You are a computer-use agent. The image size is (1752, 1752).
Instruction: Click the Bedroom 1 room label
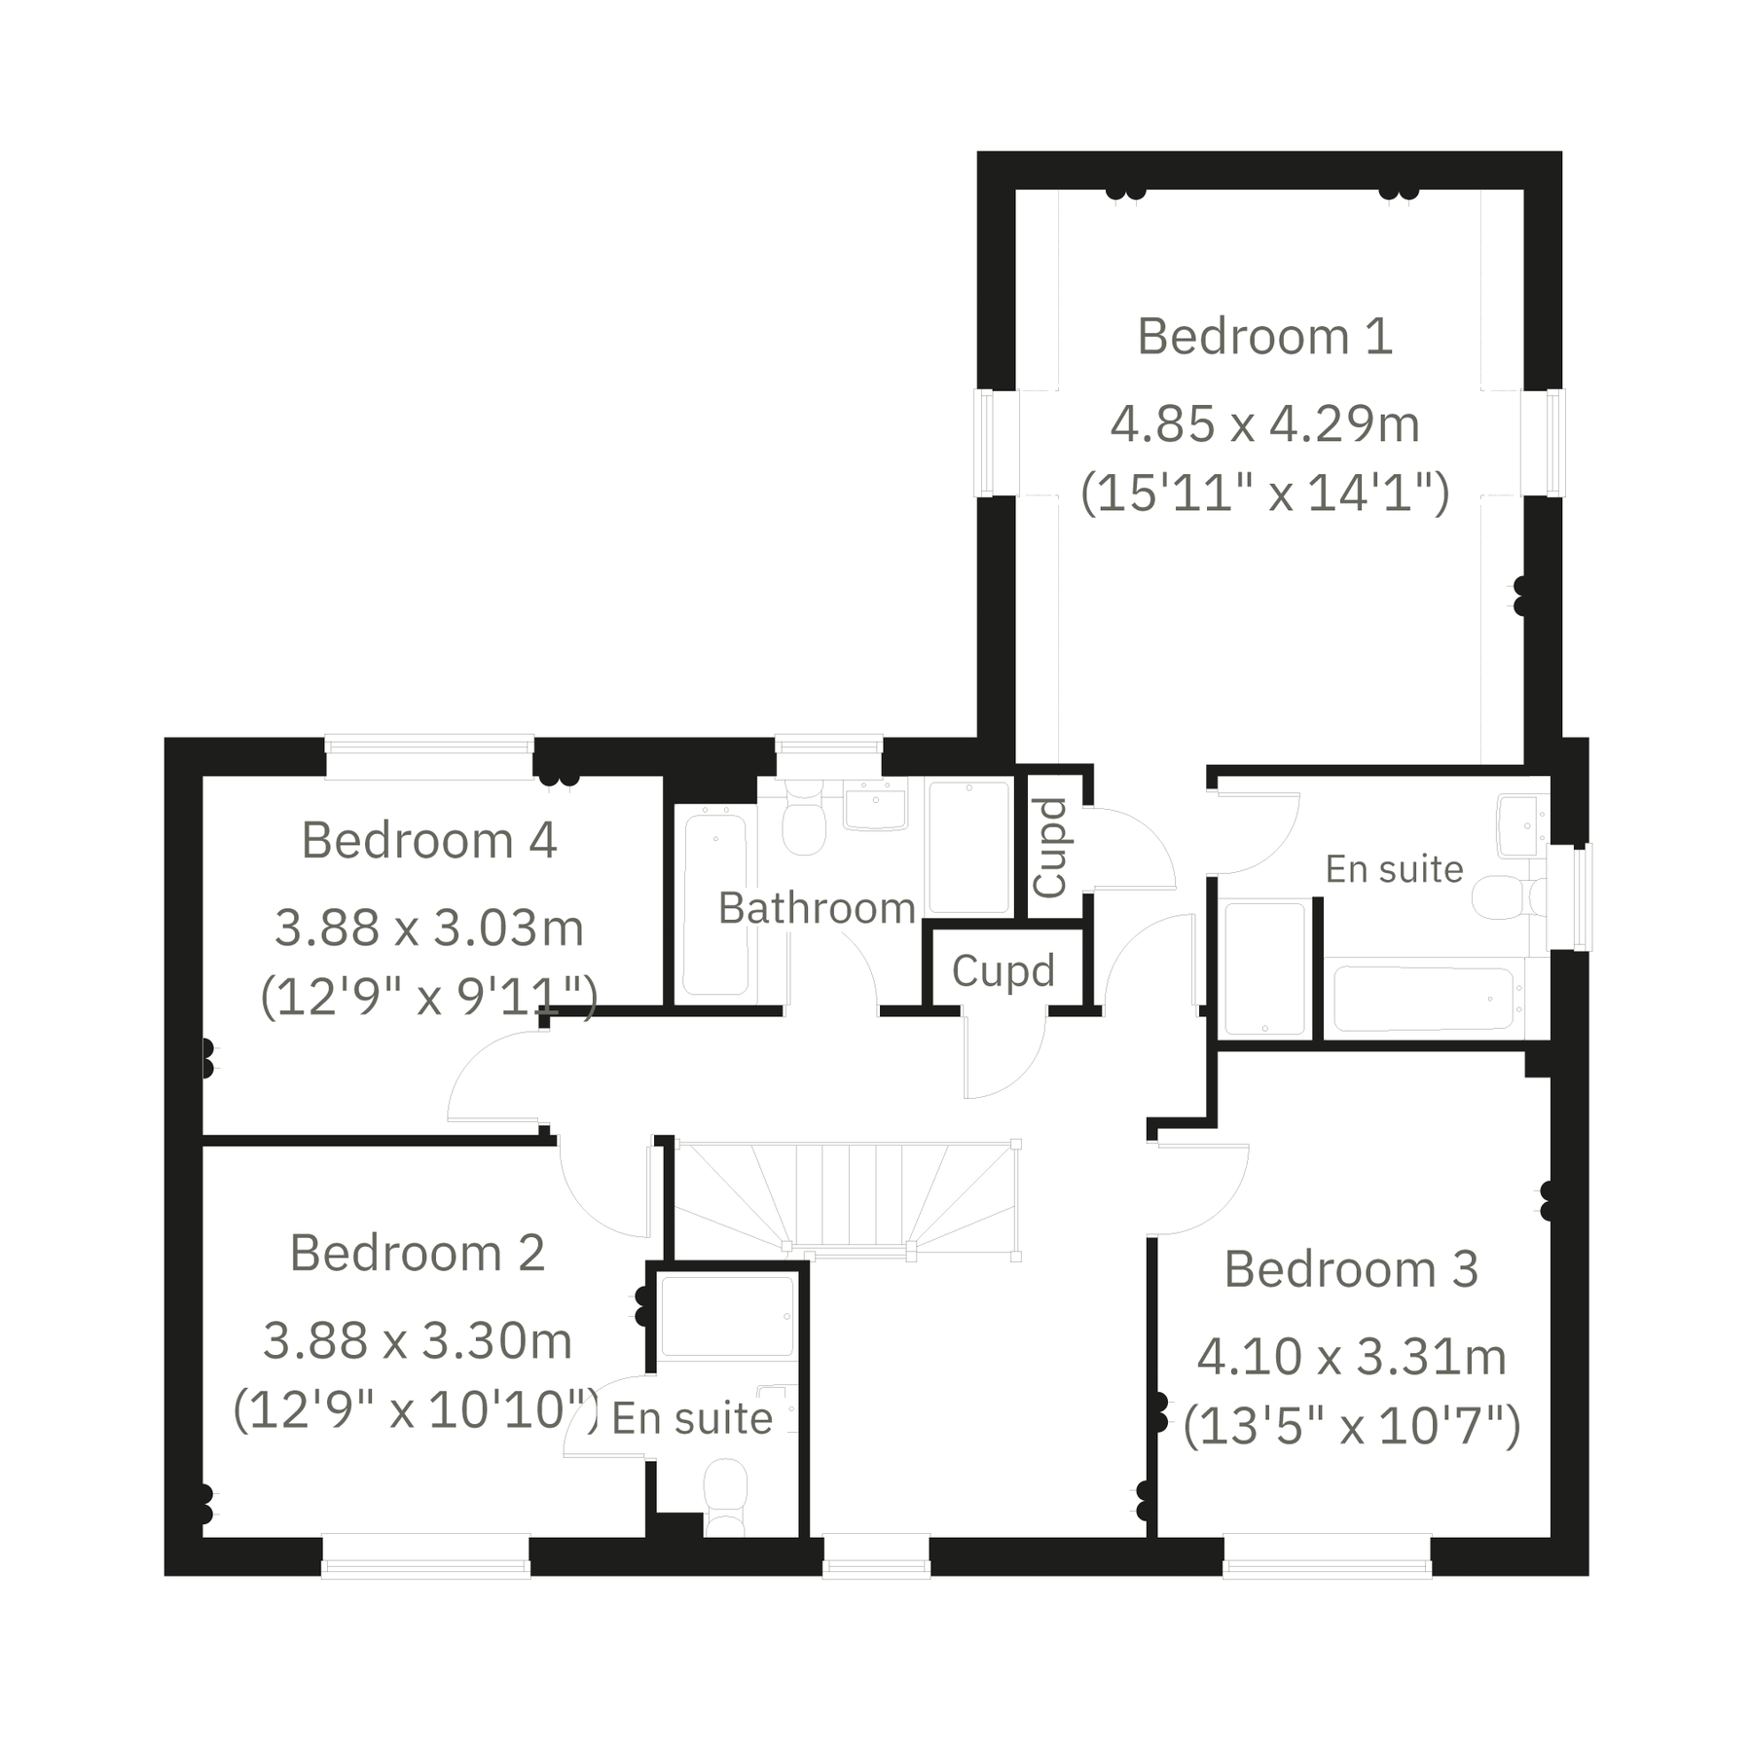1264,337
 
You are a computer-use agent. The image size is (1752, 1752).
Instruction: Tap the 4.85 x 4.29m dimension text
1264,424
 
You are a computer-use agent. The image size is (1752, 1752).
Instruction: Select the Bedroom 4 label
428,840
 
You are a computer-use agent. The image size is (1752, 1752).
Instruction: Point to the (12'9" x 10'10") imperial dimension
416,1408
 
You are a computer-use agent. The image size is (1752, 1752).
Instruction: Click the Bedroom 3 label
1351,1269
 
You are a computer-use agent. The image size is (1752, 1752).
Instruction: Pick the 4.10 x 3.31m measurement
1351,1357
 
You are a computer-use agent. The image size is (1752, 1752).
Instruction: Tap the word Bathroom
817,908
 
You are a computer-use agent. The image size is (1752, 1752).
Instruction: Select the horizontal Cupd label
1003,970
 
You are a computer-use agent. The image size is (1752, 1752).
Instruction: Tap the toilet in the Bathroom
804,820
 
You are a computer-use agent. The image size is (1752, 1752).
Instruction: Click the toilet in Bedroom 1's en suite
1504,896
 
